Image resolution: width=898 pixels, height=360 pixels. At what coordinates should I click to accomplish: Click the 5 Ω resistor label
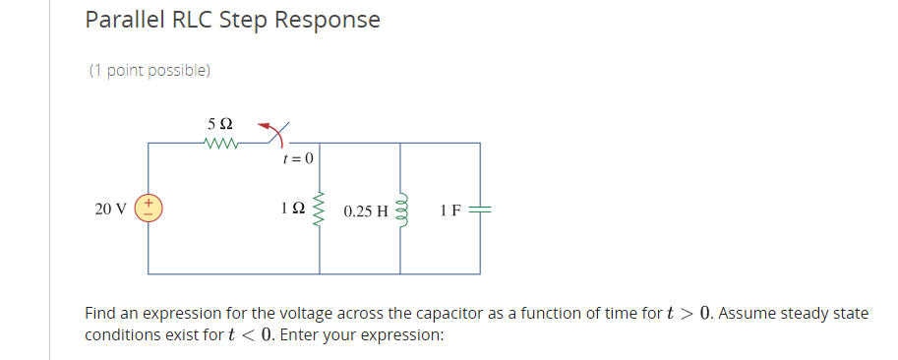coord(220,124)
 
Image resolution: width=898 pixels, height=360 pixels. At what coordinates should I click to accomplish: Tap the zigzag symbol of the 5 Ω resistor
coord(221,143)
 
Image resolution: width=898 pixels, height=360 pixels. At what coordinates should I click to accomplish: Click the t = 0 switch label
coord(297,158)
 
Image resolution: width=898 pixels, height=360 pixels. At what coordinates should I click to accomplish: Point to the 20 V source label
coord(110,209)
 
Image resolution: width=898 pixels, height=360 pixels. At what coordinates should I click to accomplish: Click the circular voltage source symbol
coord(149,208)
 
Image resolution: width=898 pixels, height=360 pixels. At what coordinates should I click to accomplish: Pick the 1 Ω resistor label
coord(292,210)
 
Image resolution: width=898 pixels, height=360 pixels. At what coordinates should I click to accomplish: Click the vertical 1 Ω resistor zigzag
coord(319,209)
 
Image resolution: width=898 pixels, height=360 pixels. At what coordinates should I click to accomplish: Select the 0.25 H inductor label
coord(366,210)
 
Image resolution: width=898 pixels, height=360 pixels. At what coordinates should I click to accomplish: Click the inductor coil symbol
coord(400,209)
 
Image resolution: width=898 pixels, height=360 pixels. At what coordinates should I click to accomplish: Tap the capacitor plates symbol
coord(480,209)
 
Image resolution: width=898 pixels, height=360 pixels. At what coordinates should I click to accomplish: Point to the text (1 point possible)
coord(150,71)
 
